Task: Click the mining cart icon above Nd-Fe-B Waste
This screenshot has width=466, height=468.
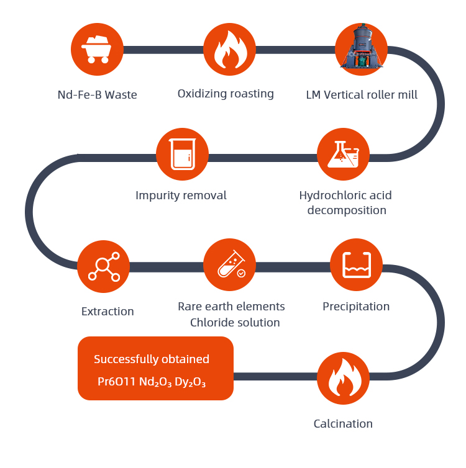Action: tap(97, 50)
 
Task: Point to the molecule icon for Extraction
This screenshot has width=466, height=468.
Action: tap(104, 266)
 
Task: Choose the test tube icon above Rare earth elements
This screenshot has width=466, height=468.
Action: tap(229, 265)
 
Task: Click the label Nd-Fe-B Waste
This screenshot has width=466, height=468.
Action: tap(97, 95)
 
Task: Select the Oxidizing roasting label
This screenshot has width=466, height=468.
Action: tap(226, 94)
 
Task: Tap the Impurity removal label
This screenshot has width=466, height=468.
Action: tap(181, 196)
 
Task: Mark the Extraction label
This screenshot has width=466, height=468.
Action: tap(107, 311)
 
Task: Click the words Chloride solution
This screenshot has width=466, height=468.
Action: tap(235, 323)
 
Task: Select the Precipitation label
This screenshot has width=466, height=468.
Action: tap(356, 307)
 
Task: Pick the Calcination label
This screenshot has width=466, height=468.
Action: tap(343, 424)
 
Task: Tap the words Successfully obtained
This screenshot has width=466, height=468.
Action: tap(152, 359)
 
